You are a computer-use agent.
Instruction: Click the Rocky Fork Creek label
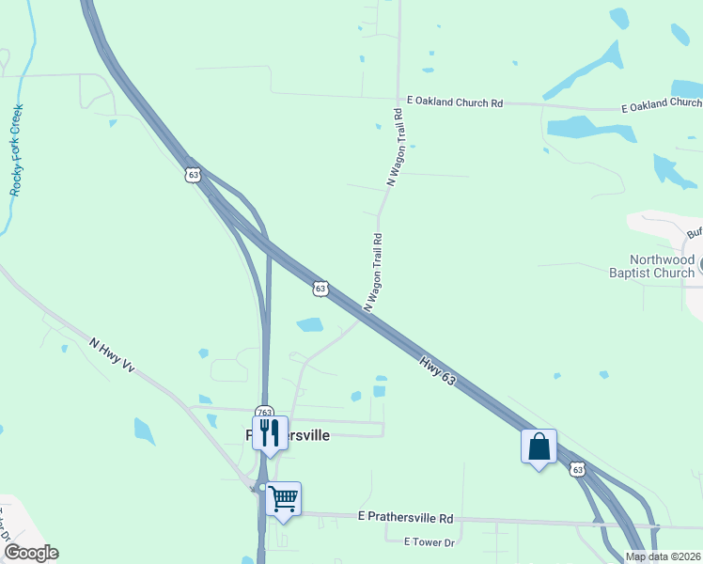click(x=18, y=149)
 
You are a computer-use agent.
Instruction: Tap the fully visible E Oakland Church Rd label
click(x=455, y=102)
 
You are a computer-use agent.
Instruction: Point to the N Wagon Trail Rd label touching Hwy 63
click(x=372, y=273)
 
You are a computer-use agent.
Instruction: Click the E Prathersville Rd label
click(x=406, y=518)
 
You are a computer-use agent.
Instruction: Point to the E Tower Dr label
click(x=429, y=542)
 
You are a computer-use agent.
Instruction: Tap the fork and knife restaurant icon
click(x=270, y=431)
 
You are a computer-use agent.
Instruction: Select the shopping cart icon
click(x=283, y=497)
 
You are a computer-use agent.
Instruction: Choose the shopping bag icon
click(x=539, y=446)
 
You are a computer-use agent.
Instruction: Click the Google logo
click(x=30, y=553)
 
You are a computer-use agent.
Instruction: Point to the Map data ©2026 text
click(x=663, y=556)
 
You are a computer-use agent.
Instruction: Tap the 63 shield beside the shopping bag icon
click(x=577, y=469)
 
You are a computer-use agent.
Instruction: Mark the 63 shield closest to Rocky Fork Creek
click(x=193, y=175)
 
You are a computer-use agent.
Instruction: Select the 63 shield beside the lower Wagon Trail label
click(x=320, y=289)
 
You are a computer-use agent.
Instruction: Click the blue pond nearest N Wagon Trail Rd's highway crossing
click(x=309, y=325)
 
